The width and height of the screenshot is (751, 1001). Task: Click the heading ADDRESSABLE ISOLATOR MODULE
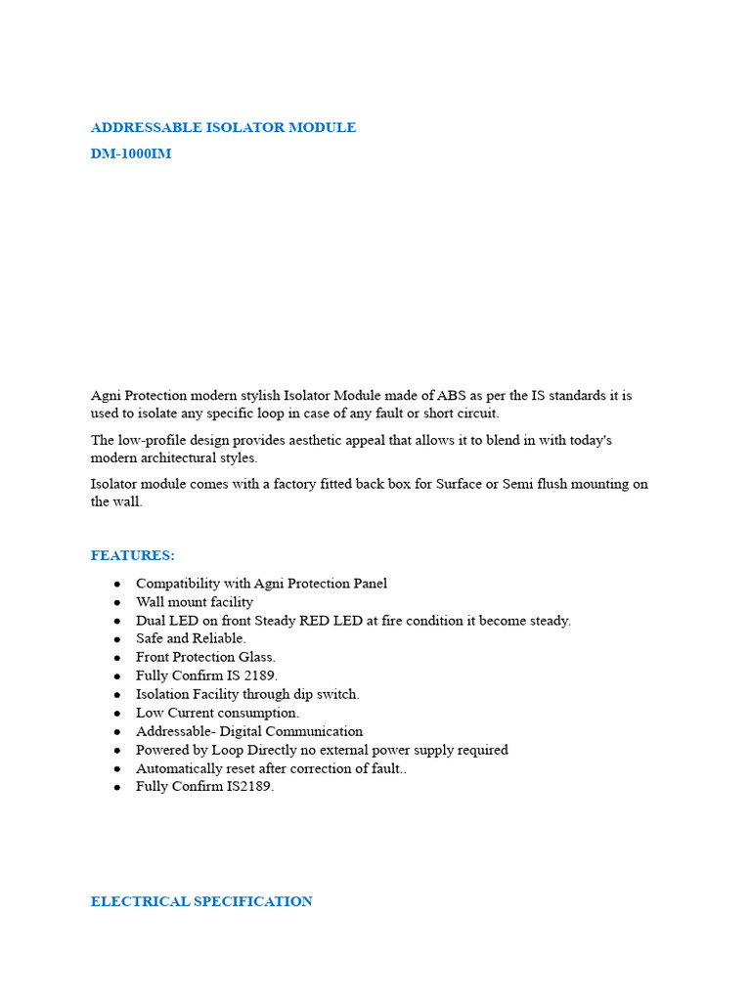223,127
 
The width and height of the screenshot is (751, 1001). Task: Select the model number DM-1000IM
131,153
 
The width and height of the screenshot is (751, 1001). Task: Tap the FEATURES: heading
133,555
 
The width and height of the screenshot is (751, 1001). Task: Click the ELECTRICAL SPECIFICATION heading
201,901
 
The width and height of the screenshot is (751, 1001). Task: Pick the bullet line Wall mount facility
195,602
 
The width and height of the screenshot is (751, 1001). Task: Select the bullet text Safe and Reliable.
191,638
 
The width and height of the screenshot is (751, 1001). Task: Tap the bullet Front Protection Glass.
205,657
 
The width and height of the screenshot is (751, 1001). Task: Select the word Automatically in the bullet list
179,768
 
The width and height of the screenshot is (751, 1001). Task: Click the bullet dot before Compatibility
117,584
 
